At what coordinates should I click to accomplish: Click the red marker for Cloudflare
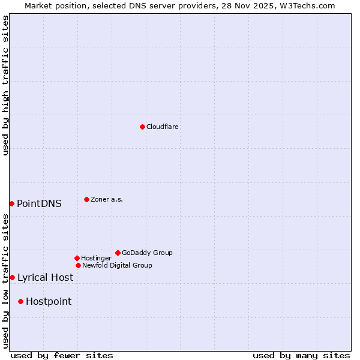pos(142,127)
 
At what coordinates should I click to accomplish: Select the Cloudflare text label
pos(162,127)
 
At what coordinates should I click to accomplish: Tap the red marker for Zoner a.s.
pos(86,199)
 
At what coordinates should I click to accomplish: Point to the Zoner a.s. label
pos(107,199)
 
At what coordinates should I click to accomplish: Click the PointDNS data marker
pos(11,203)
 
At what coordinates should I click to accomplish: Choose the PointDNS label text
pos(39,203)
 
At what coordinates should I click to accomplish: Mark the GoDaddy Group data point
pos(118,253)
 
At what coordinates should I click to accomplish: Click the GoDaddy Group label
pos(147,253)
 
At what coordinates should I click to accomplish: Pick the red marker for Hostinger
pos(77,258)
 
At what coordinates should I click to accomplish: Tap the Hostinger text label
pos(96,258)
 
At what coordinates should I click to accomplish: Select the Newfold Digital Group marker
pos(78,265)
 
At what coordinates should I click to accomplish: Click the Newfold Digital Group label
pos(117,265)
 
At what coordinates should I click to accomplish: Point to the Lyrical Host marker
pos(12,277)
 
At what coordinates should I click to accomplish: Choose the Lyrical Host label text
pos(45,277)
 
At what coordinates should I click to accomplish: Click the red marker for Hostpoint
pos(20,301)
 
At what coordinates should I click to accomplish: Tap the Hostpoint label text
pos(49,301)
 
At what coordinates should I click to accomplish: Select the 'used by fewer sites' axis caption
pos(62,355)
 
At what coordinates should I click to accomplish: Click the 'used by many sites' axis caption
pos(301,355)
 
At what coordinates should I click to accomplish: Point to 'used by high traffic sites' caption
pos(5,85)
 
